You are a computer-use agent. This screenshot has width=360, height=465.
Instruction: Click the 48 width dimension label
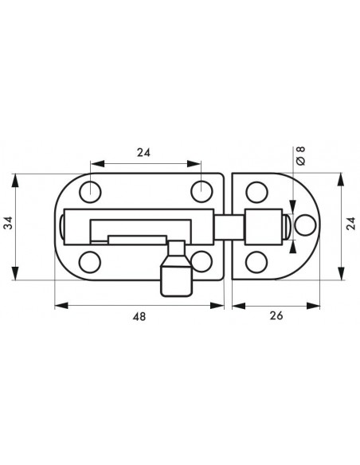click(x=139, y=317)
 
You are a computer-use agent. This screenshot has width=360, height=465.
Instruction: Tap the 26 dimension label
click(x=276, y=316)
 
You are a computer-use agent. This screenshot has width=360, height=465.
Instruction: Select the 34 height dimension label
click(x=10, y=223)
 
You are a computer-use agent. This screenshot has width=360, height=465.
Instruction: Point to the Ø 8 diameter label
click(x=300, y=156)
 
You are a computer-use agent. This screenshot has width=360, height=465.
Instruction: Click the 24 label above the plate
click(x=143, y=152)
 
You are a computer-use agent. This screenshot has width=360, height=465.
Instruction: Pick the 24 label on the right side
click(x=351, y=223)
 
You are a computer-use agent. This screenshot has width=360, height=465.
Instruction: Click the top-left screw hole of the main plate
click(x=90, y=192)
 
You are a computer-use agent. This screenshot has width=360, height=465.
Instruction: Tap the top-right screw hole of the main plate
click(x=202, y=192)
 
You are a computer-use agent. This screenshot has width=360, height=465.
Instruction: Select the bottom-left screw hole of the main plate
click(x=90, y=262)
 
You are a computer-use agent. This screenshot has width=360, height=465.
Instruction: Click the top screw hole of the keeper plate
click(x=256, y=192)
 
